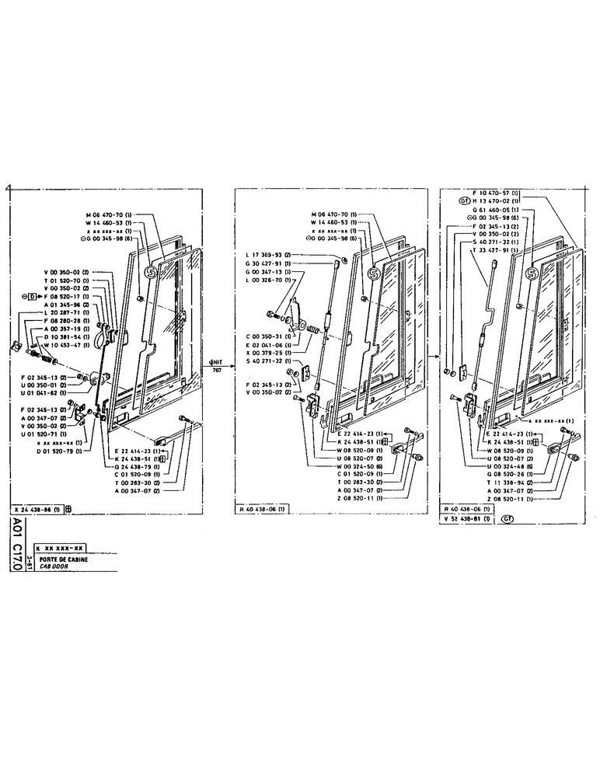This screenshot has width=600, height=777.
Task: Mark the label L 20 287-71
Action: coord(67,314)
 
